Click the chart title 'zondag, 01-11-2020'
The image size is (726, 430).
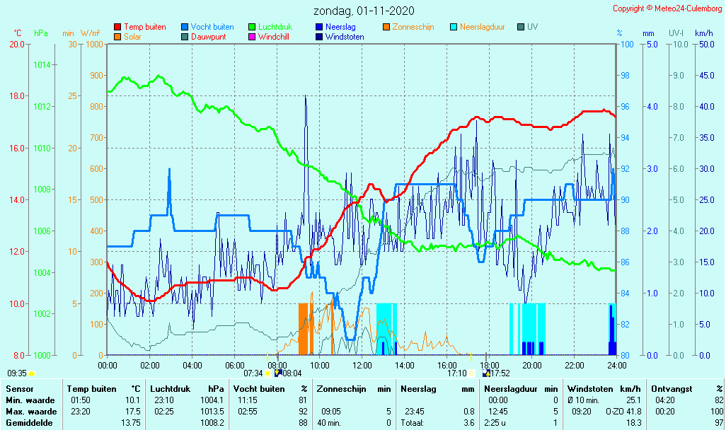click(364, 11)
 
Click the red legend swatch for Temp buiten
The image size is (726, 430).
click(117, 27)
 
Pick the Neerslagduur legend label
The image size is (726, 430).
click(483, 27)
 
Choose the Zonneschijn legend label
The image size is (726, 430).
click(413, 27)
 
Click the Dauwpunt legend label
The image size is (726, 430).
click(209, 37)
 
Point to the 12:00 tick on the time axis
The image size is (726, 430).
click(362, 365)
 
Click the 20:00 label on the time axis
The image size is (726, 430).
click(532, 365)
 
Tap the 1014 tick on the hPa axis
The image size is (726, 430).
click(42, 65)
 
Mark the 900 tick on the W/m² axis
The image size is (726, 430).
click(94, 76)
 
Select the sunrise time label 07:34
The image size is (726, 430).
click(253, 373)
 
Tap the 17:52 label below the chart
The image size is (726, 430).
click(500, 373)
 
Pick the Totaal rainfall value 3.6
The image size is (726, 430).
click(468, 423)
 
